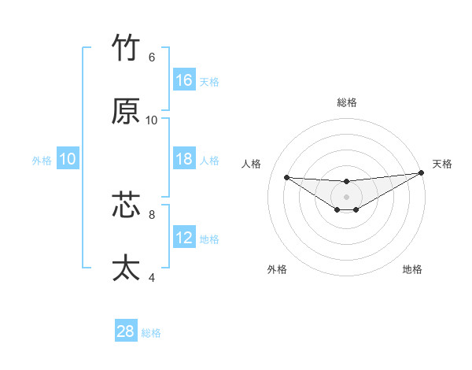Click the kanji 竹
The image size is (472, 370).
127,49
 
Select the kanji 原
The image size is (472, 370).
127,112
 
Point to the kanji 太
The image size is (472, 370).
127,268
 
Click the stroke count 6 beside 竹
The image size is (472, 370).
151,57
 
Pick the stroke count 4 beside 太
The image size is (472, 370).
151,277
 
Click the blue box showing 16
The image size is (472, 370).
184,80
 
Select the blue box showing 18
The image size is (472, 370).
184,159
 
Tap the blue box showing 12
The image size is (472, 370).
184,238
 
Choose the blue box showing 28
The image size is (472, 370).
126,331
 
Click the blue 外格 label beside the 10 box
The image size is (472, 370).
42,160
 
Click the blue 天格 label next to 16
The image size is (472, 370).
209,81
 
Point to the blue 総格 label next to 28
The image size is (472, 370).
151,333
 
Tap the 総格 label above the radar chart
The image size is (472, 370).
347,102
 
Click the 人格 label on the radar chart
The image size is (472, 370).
252,164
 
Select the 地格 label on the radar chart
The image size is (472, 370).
412,270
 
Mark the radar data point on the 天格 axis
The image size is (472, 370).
422,173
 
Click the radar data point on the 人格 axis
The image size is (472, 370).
286,177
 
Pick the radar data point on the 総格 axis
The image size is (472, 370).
346,182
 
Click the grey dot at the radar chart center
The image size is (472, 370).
346,196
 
